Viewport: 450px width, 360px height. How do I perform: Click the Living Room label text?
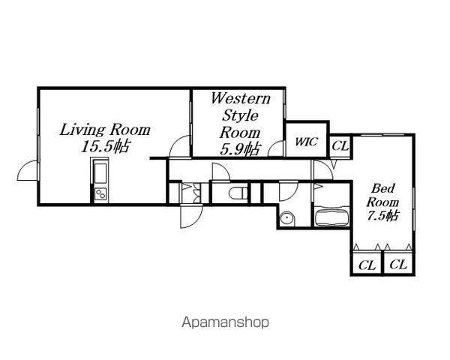click(x=105, y=130)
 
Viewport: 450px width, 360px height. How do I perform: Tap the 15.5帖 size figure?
click(x=105, y=147)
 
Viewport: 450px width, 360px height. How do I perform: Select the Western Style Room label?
click(x=241, y=115)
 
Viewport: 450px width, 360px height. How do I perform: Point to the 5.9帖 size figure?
click(x=240, y=149)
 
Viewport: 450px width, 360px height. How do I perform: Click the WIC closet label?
click(x=307, y=142)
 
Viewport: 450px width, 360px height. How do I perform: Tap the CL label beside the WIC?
click(x=340, y=146)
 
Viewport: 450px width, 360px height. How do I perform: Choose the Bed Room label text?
click(x=382, y=196)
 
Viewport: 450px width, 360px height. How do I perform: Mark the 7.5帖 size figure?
click(x=383, y=215)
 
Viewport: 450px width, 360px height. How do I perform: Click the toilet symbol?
click(x=238, y=193)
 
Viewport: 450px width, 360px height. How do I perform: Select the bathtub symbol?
click(x=331, y=217)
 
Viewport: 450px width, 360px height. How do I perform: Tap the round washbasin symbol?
click(x=287, y=218)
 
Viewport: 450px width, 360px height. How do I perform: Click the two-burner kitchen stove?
click(x=100, y=194)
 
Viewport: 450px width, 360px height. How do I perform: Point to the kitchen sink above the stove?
click(x=100, y=172)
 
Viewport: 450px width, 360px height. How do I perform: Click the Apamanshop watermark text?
click(x=226, y=322)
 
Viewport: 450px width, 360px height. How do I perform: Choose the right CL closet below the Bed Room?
click(x=399, y=264)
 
